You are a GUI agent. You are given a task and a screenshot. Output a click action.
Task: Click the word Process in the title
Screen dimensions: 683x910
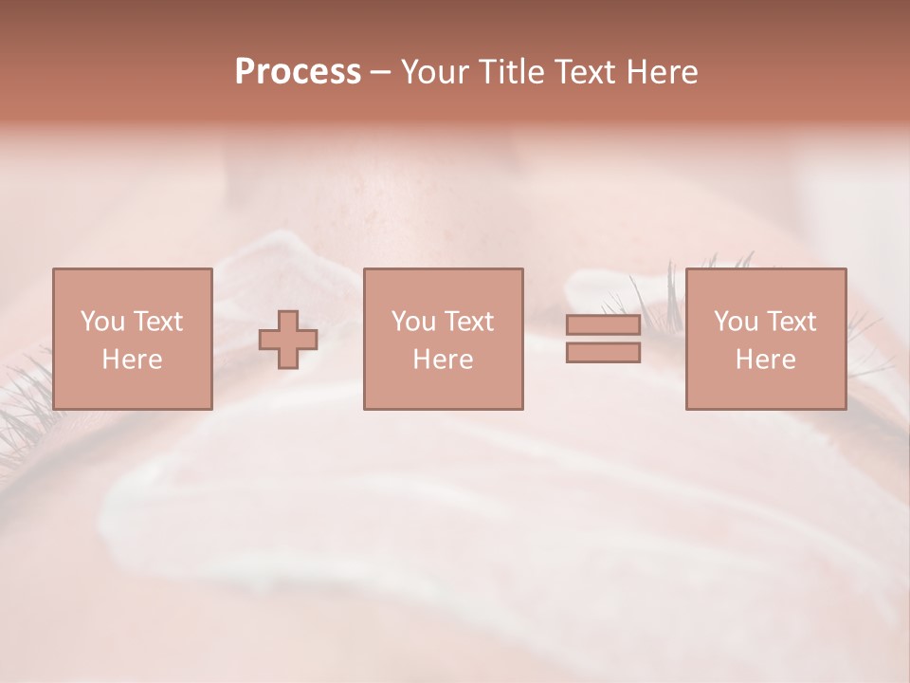(x=298, y=72)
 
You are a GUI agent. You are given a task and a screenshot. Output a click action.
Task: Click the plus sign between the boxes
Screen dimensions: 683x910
(x=288, y=340)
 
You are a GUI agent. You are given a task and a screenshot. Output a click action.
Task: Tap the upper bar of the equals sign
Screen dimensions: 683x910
(x=603, y=324)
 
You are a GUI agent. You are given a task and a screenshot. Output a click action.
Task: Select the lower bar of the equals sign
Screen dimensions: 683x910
(x=603, y=353)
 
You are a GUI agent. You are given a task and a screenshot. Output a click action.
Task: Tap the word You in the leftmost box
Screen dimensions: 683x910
(x=101, y=322)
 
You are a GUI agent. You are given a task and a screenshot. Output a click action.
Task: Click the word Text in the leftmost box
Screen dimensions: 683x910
(x=156, y=322)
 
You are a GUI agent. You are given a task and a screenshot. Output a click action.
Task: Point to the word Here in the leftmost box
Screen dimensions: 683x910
(x=132, y=360)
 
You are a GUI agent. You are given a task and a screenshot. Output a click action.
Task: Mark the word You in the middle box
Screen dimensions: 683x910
(x=412, y=322)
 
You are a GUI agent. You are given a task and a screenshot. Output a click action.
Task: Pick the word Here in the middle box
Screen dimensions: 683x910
(x=443, y=360)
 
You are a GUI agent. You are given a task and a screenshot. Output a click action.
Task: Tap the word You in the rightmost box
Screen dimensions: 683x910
(x=735, y=322)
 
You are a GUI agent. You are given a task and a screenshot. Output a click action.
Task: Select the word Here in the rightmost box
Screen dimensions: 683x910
(x=765, y=360)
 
